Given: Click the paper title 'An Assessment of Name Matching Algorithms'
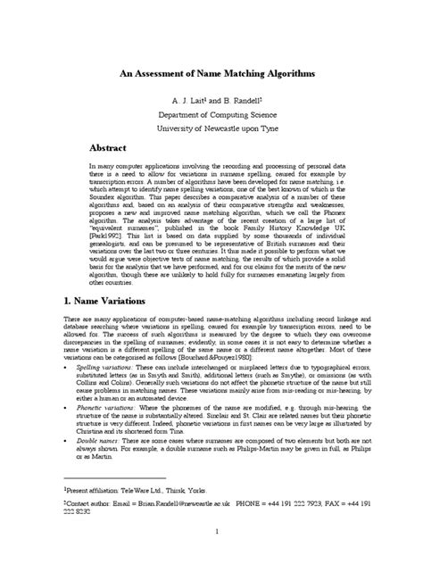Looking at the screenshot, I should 211,76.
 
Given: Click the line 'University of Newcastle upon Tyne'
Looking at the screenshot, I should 211,130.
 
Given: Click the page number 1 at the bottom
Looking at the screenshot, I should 211,531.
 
